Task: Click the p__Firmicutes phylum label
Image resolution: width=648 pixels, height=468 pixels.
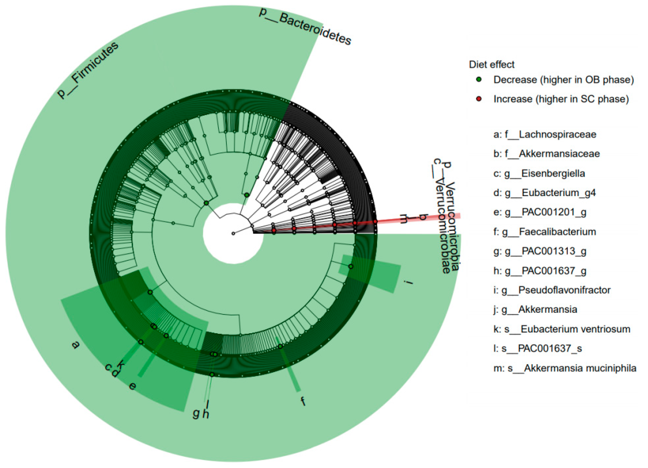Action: coord(87,70)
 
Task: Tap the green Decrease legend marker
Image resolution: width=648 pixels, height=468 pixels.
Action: coord(479,79)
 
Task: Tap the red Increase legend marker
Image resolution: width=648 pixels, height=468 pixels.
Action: coord(479,99)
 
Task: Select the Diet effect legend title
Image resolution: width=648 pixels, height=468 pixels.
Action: coord(491,64)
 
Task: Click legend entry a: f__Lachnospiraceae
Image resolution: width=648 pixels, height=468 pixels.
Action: coord(545,134)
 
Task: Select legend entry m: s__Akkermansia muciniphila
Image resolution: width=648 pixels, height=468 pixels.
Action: coord(565,368)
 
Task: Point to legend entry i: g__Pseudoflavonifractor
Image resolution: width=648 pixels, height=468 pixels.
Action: coord(552,290)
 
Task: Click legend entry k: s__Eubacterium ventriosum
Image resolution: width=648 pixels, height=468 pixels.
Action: coord(561,329)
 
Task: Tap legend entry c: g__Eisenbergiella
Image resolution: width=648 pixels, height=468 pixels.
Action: coord(539,173)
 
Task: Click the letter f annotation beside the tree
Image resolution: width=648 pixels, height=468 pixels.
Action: coord(303,401)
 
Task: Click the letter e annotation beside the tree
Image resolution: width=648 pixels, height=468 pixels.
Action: coord(132,387)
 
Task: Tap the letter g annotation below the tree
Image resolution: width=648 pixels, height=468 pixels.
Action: coord(196,413)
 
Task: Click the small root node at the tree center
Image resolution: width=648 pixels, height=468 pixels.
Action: coord(233,233)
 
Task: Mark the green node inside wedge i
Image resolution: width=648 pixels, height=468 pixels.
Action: coord(351,266)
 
